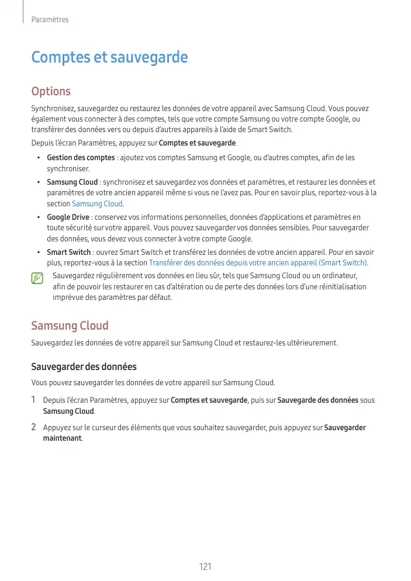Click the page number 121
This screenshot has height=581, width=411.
(x=205, y=566)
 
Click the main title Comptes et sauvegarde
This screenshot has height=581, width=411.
(x=109, y=57)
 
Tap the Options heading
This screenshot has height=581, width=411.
(x=51, y=91)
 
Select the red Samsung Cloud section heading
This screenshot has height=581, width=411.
(x=70, y=326)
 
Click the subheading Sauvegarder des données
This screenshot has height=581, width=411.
(x=84, y=366)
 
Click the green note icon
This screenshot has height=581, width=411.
(x=38, y=279)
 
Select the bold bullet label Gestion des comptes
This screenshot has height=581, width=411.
(x=81, y=158)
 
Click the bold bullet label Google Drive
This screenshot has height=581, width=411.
(x=68, y=217)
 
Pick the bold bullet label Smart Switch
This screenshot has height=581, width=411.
(x=68, y=253)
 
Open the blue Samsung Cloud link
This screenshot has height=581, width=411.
(x=97, y=203)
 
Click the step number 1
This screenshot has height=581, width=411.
(x=34, y=400)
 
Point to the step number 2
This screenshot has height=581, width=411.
(x=34, y=427)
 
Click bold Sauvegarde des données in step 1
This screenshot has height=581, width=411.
(x=317, y=400)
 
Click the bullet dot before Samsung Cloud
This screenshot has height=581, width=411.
(x=38, y=182)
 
